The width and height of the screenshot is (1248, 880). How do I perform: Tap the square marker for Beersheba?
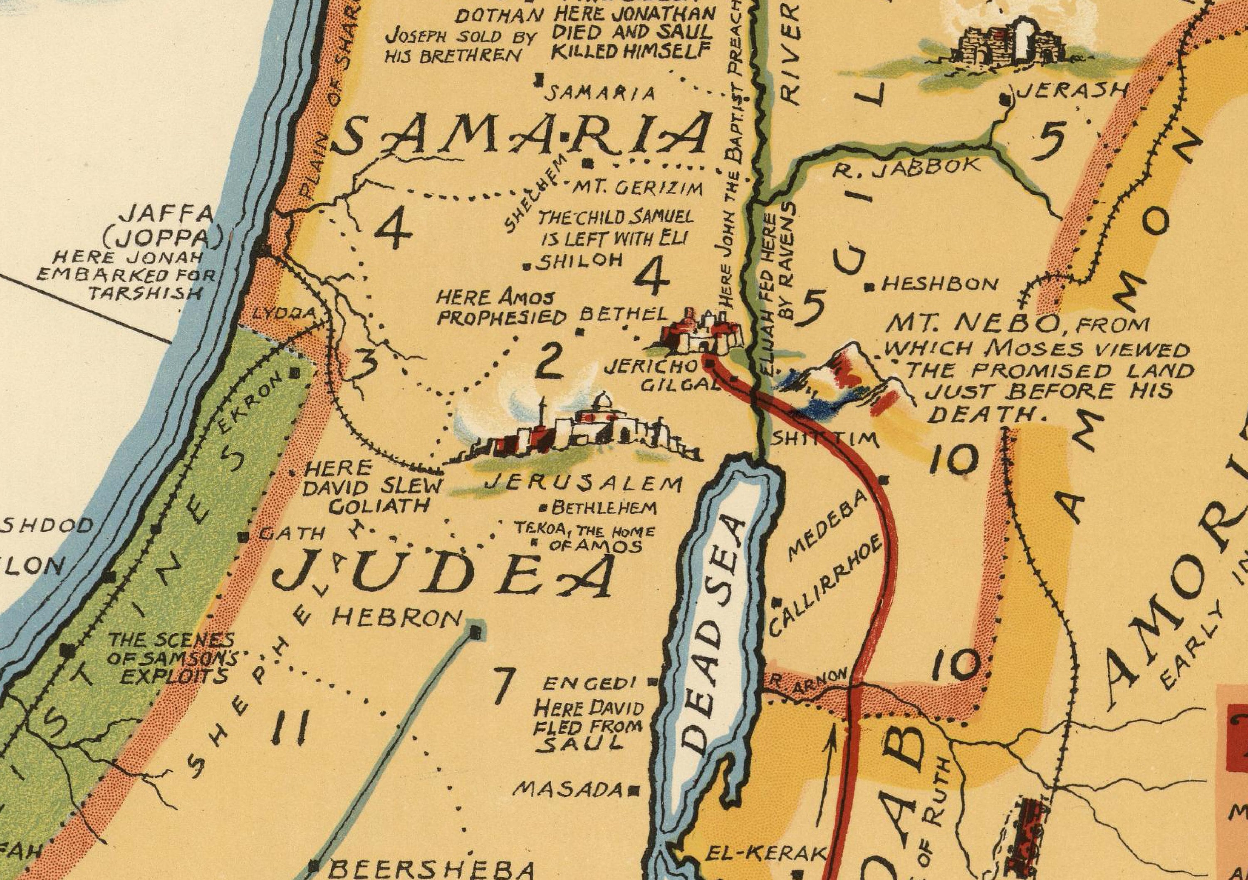click(x=314, y=864)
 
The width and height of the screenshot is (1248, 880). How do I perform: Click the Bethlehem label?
click(x=603, y=508)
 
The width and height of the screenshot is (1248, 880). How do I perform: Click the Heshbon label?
click(x=940, y=284)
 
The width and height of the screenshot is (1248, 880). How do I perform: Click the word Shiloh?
click(x=579, y=261)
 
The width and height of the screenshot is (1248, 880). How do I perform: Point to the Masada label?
click(x=567, y=789)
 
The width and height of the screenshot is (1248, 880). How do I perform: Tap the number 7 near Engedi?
click(x=503, y=686)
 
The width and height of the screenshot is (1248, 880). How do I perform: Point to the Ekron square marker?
click(x=295, y=373)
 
